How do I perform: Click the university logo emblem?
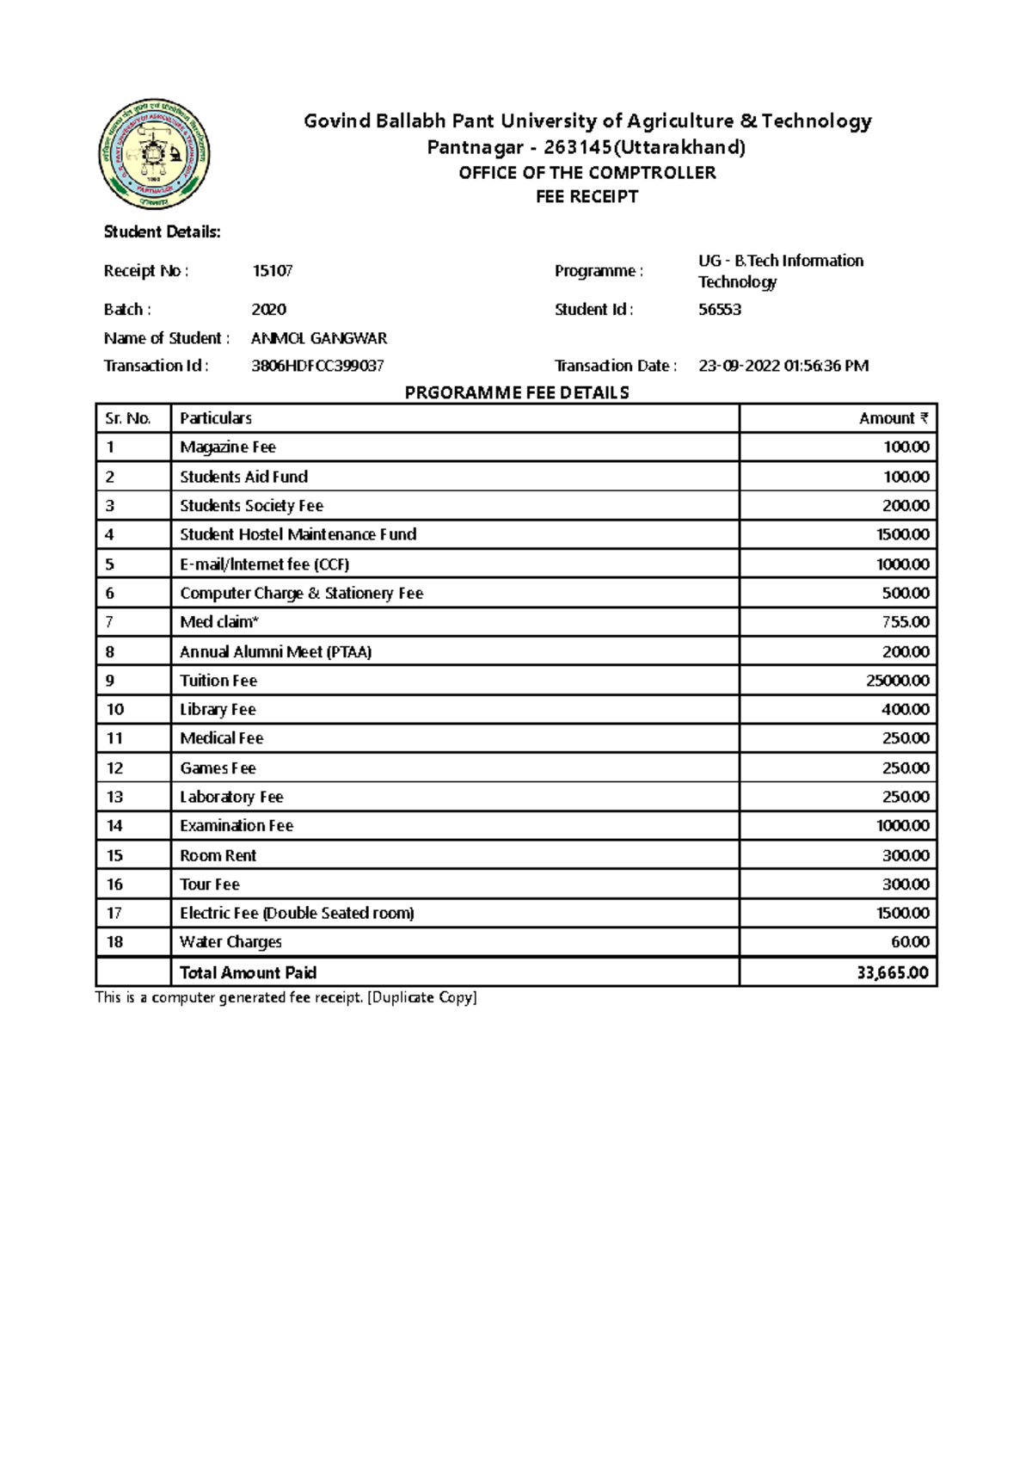(x=155, y=156)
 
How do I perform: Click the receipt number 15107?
(x=272, y=271)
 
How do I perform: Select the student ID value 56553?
(x=719, y=310)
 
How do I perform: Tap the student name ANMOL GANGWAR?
(x=319, y=338)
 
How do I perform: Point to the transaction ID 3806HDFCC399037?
(x=317, y=366)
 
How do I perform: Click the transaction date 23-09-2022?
(x=739, y=366)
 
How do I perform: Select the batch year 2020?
(x=268, y=310)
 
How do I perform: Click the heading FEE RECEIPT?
(x=587, y=197)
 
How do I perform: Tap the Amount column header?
(x=894, y=418)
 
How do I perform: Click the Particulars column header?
(x=215, y=418)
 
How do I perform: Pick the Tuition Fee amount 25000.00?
(x=897, y=681)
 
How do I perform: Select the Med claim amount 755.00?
(x=906, y=622)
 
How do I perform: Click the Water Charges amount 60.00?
(x=910, y=942)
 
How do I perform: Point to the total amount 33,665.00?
(x=893, y=973)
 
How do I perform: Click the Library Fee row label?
(x=218, y=710)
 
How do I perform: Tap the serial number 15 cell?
(x=114, y=855)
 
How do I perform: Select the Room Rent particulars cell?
(x=218, y=855)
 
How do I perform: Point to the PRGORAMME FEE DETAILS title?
(x=517, y=393)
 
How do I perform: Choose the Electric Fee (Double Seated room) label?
(x=297, y=913)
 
